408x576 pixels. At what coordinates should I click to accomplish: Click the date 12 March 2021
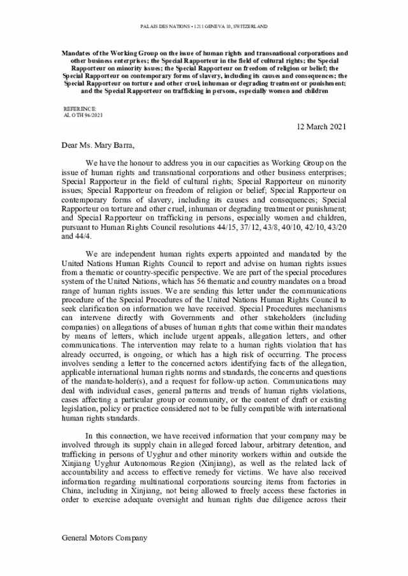point(321,126)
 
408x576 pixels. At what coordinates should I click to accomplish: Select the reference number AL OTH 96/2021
point(83,115)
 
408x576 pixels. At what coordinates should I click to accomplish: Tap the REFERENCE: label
point(80,109)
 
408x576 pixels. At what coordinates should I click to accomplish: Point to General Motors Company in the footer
point(104,537)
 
